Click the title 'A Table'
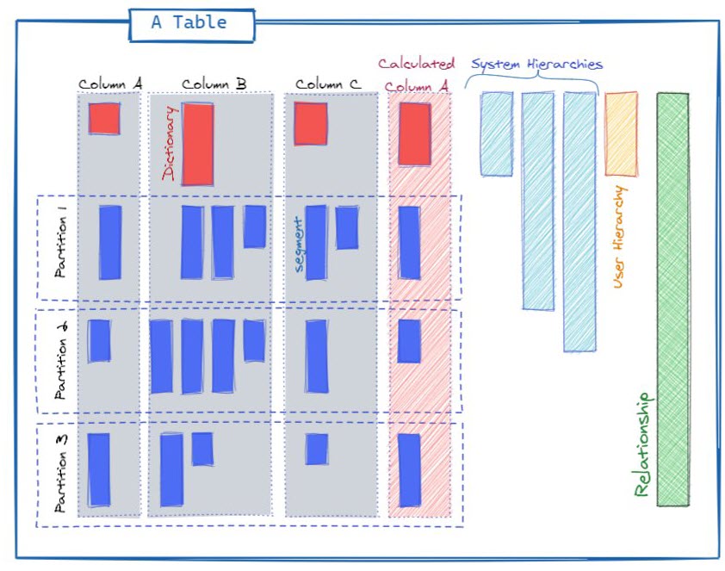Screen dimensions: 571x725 189,23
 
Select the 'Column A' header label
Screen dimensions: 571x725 110,84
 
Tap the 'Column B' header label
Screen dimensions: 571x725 214,84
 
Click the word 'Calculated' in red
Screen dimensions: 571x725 417,64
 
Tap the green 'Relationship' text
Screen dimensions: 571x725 642,444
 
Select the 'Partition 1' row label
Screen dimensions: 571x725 61,247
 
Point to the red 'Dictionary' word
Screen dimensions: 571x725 169,144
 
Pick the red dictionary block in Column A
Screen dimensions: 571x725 104,119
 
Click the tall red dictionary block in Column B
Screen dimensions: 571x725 197,144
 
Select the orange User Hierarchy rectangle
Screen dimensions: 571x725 621,133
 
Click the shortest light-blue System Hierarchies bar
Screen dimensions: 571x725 497,133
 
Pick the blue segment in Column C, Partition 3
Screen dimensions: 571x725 317,449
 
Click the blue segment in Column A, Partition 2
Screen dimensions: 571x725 99,341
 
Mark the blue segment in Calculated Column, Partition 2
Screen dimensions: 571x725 409,341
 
